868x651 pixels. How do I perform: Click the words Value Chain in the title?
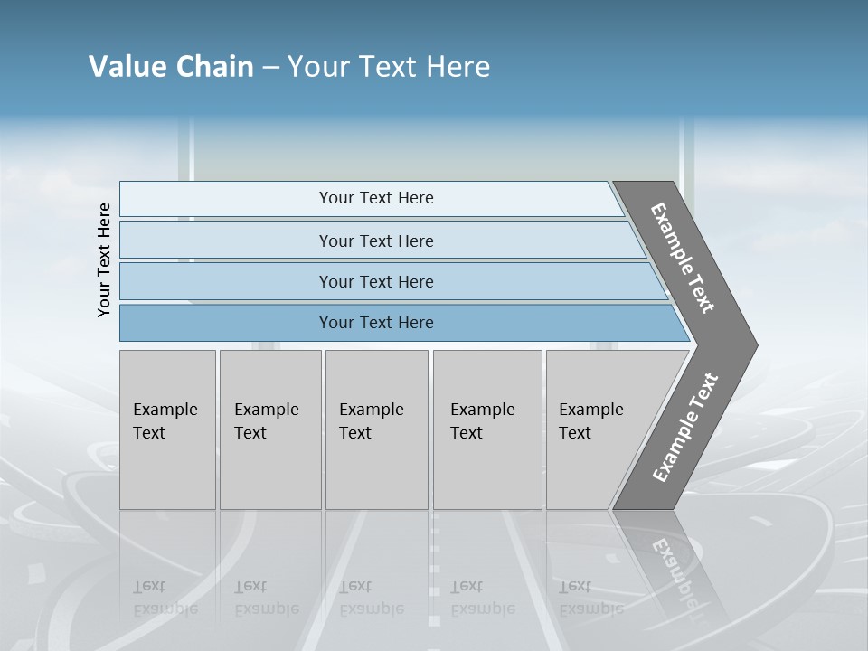171,67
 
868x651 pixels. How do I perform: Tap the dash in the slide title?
270,68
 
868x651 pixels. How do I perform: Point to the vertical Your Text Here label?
104,260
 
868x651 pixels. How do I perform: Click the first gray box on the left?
167,429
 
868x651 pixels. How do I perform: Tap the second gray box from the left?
270,429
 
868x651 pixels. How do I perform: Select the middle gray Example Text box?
376,429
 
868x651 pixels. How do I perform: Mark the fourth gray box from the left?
487,429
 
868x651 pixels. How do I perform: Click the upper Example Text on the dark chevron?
684,258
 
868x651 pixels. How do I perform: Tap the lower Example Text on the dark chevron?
685,427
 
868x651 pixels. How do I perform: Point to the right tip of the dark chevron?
755,344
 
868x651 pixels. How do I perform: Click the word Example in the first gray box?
165,410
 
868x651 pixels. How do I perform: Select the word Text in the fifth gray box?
574,433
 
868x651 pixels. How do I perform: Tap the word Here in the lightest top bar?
416,198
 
